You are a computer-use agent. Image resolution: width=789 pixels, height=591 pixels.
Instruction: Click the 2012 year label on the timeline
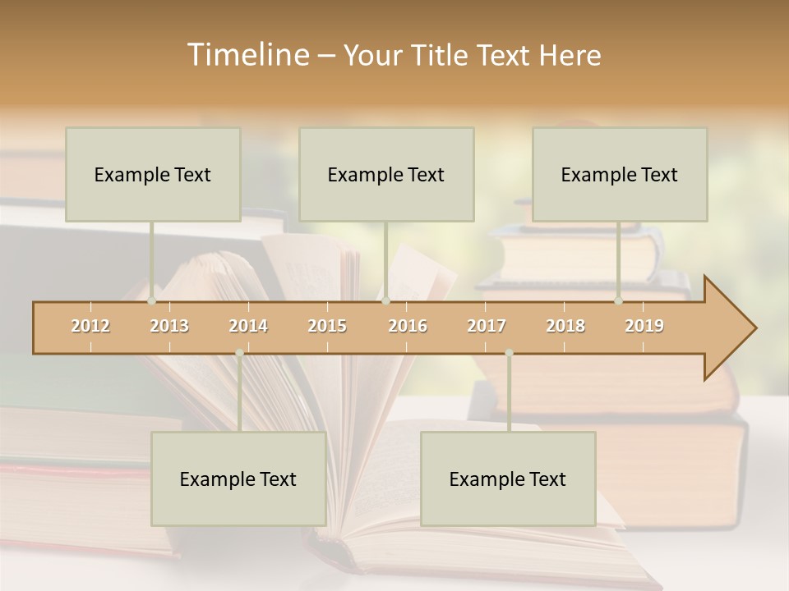pos(90,326)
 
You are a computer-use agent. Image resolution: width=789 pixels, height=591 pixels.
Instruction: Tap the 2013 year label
pos(169,326)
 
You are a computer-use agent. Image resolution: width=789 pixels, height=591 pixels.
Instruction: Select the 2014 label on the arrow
pos(248,326)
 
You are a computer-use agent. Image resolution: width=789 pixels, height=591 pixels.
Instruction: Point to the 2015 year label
pos(327,326)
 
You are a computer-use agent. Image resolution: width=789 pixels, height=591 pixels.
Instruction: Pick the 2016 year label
pos(408,326)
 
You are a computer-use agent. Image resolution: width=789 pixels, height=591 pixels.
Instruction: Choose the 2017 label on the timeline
pos(487,326)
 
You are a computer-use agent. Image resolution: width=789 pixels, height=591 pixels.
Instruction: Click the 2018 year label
pos(565,326)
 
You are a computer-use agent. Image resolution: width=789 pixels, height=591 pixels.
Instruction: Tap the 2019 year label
pos(644,326)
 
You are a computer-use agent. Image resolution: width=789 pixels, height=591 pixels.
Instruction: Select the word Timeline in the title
pos(247,55)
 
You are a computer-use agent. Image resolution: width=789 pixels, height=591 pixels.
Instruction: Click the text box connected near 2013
pos(153,174)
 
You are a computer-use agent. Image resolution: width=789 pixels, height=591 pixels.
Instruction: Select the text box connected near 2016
pos(386,174)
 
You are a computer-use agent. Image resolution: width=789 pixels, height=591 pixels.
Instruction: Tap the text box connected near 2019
pos(620,174)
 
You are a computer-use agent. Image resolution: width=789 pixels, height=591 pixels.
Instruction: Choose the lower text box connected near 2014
pos(238,479)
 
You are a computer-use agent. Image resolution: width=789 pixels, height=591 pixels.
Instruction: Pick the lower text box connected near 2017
pos(508,479)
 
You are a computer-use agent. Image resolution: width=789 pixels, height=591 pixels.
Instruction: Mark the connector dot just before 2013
pos(151,301)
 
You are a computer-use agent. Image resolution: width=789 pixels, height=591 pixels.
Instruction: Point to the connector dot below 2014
pos(239,353)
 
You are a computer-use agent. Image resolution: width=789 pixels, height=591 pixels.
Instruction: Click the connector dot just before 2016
pos(385,301)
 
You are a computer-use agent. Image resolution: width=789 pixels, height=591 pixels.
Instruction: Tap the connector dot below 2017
pos(509,353)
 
